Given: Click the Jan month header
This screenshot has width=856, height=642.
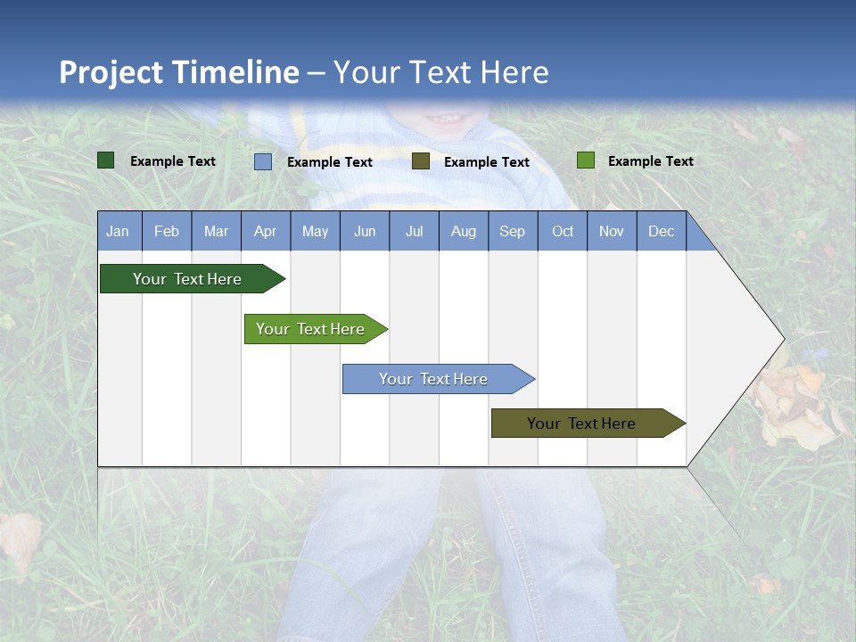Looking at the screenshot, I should (x=119, y=232).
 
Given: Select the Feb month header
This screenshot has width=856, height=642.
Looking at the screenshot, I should (x=167, y=232).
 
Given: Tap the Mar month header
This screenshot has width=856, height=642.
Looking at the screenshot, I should (x=216, y=232).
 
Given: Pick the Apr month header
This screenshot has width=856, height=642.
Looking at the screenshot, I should (x=266, y=232).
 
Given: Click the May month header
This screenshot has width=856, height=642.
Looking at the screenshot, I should (x=315, y=232).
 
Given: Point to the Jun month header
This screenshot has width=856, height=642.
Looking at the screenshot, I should (x=365, y=232).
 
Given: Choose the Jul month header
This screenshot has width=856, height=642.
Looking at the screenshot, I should (x=414, y=232).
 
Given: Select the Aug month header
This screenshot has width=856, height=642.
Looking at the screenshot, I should (x=464, y=232).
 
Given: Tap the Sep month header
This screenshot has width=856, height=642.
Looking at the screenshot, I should (x=513, y=232).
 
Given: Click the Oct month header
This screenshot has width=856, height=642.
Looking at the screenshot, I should (x=563, y=232).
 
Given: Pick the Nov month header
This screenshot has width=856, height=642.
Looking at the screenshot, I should (x=612, y=232).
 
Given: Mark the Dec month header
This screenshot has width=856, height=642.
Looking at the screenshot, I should (x=662, y=232).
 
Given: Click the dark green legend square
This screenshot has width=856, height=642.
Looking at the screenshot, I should (x=106, y=160).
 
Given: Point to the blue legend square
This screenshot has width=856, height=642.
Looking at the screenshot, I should (x=263, y=161).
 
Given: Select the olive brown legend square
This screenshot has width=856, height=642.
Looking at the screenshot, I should (x=421, y=161).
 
